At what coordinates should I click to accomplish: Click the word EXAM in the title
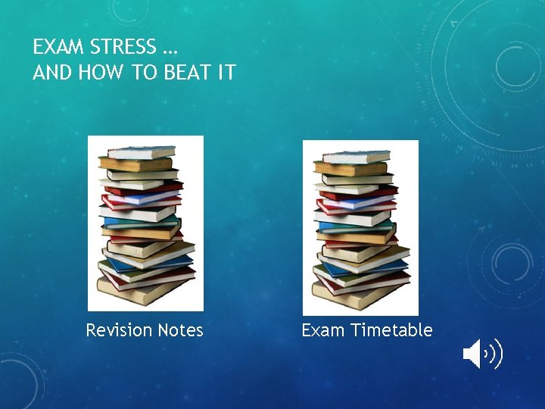[x=58, y=48]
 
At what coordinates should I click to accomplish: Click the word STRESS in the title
[x=121, y=48]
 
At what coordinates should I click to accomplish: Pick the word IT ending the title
[x=226, y=73]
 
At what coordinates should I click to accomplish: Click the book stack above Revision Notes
[x=145, y=223]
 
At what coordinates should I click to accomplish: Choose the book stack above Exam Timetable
[x=360, y=227]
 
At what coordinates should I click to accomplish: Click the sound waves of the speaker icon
[x=496, y=354]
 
